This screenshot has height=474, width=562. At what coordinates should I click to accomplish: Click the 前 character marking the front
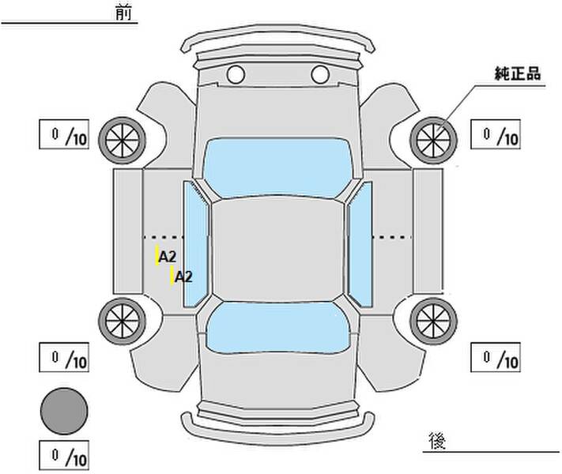[x=123, y=13]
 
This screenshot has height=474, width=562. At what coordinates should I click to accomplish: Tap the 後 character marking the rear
[x=437, y=441]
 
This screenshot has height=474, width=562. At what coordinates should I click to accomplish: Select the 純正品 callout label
[x=518, y=73]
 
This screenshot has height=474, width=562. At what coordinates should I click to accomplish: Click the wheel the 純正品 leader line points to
[x=433, y=141]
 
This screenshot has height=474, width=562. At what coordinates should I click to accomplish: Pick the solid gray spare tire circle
[x=64, y=412]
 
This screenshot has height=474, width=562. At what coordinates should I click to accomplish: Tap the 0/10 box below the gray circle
[x=64, y=455]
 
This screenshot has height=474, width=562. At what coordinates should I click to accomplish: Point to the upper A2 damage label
[x=168, y=257]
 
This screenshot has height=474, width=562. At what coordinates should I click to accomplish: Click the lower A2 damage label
[x=183, y=276]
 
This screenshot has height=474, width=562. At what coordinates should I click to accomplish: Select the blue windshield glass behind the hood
[x=277, y=167]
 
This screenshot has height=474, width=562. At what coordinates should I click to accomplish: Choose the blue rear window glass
[x=278, y=328]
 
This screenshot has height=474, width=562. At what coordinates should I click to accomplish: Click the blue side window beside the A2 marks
[x=196, y=244]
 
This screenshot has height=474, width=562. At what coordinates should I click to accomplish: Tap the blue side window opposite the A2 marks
[x=360, y=244]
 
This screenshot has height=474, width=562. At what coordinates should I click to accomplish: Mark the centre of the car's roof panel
[x=277, y=250]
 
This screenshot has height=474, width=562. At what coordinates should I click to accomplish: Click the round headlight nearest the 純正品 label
[x=320, y=75]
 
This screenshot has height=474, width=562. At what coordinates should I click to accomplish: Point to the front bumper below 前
[x=277, y=39]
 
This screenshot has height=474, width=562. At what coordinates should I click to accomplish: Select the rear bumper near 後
[x=277, y=428]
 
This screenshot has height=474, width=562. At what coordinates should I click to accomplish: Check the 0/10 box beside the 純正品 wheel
[x=496, y=134]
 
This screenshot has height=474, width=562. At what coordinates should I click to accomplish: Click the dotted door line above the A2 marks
[x=164, y=237]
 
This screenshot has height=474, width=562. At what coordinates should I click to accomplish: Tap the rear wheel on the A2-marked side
[x=123, y=322]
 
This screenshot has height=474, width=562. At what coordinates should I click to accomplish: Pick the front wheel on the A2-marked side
[x=123, y=141]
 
